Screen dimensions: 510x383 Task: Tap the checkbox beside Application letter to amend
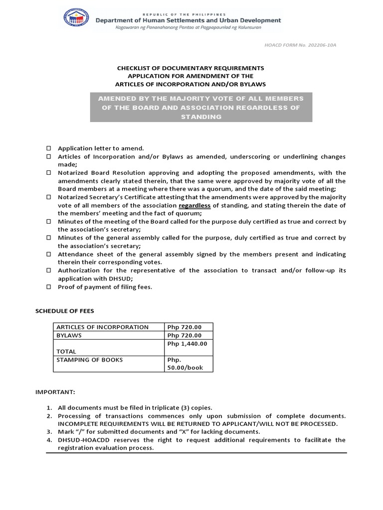(x=49, y=148)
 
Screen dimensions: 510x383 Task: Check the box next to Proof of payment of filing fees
(x=49, y=287)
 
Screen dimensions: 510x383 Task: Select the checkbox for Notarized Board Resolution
(x=49, y=173)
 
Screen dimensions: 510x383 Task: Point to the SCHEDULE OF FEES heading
(x=64, y=311)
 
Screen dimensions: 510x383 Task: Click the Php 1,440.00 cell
(x=187, y=344)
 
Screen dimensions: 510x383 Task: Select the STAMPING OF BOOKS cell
(x=90, y=360)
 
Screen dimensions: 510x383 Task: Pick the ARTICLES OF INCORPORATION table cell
(x=102, y=327)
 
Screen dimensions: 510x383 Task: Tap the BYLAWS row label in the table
(x=70, y=336)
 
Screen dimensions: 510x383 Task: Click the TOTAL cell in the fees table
(x=66, y=351)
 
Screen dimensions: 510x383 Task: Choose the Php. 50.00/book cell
(x=185, y=364)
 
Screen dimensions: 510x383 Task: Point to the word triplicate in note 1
(x=156, y=408)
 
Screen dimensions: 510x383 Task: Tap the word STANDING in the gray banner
(x=201, y=117)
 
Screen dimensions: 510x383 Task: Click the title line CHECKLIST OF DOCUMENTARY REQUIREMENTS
(x=191, y=68)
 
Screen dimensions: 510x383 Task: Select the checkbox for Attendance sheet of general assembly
(x=49, y=254)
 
